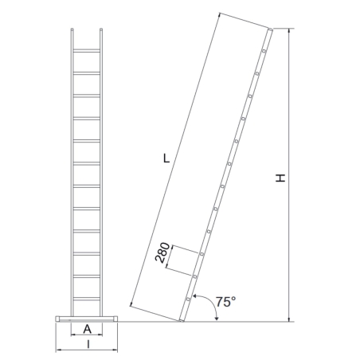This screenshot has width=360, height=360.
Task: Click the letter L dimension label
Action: click(x=165, y=158)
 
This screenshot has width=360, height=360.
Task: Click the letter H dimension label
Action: click(x=280, y=179)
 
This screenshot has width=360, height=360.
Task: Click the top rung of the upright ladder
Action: click(x=87, y=52)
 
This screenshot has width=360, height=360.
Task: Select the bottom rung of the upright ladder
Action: click(x=87, y=298)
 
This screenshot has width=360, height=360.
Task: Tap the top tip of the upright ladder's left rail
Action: click(x=72, y=32)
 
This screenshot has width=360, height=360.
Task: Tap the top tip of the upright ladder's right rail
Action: click(x=101, y=32)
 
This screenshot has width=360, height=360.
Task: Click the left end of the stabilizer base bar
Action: click(x=57, y=319)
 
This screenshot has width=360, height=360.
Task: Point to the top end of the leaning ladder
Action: click(x=270, y=31)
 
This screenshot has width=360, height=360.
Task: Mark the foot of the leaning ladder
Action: click(x=182, y=320)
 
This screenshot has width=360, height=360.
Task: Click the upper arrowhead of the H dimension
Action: click(x=290, y=32)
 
